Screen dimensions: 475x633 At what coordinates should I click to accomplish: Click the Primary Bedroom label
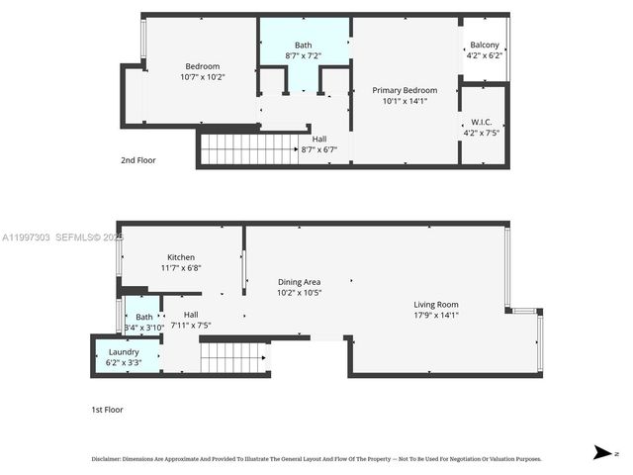(x=404, y=90)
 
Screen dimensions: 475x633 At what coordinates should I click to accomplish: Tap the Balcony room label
(x=484, y=46)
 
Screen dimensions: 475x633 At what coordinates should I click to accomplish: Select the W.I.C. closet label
(x=483, y=124)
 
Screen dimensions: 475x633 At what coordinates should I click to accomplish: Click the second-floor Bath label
(x=305, y=46)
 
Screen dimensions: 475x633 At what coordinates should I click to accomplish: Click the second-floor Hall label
(x=318, y=140)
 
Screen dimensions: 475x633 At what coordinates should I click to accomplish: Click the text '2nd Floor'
(x=137, y=159)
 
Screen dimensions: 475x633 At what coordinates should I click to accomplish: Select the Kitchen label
(x=180, y=257)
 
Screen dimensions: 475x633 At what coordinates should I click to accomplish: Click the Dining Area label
(x=298, y=282)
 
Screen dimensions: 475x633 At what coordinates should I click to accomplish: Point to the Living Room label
(x=435, y=304)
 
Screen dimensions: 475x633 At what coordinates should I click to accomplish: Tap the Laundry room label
(x=124, y=352)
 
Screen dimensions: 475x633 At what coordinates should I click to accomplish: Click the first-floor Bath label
(x=144, y=317)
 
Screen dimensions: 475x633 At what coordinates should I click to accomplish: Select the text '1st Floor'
(x=107, y=409)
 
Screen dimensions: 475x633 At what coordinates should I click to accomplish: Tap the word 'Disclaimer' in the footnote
(x=105, y=459)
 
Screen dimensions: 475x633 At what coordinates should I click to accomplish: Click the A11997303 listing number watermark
(x=25, y=237)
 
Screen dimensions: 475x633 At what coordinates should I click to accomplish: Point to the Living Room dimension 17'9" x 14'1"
(x=435, y=315)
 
